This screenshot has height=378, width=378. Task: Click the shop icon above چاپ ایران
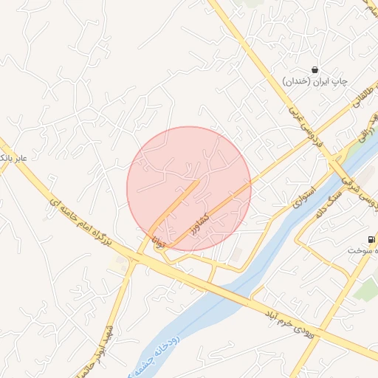(x=315, y=70)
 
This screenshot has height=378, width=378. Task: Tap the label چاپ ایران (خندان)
(x=317, y=80)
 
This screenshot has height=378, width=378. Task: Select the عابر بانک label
(x=13, y=158)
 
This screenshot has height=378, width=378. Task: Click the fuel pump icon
(x=370, y=239)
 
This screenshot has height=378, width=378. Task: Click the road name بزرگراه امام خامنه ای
(x=80, y=219)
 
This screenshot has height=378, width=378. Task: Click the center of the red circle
(x=189, y=188)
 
